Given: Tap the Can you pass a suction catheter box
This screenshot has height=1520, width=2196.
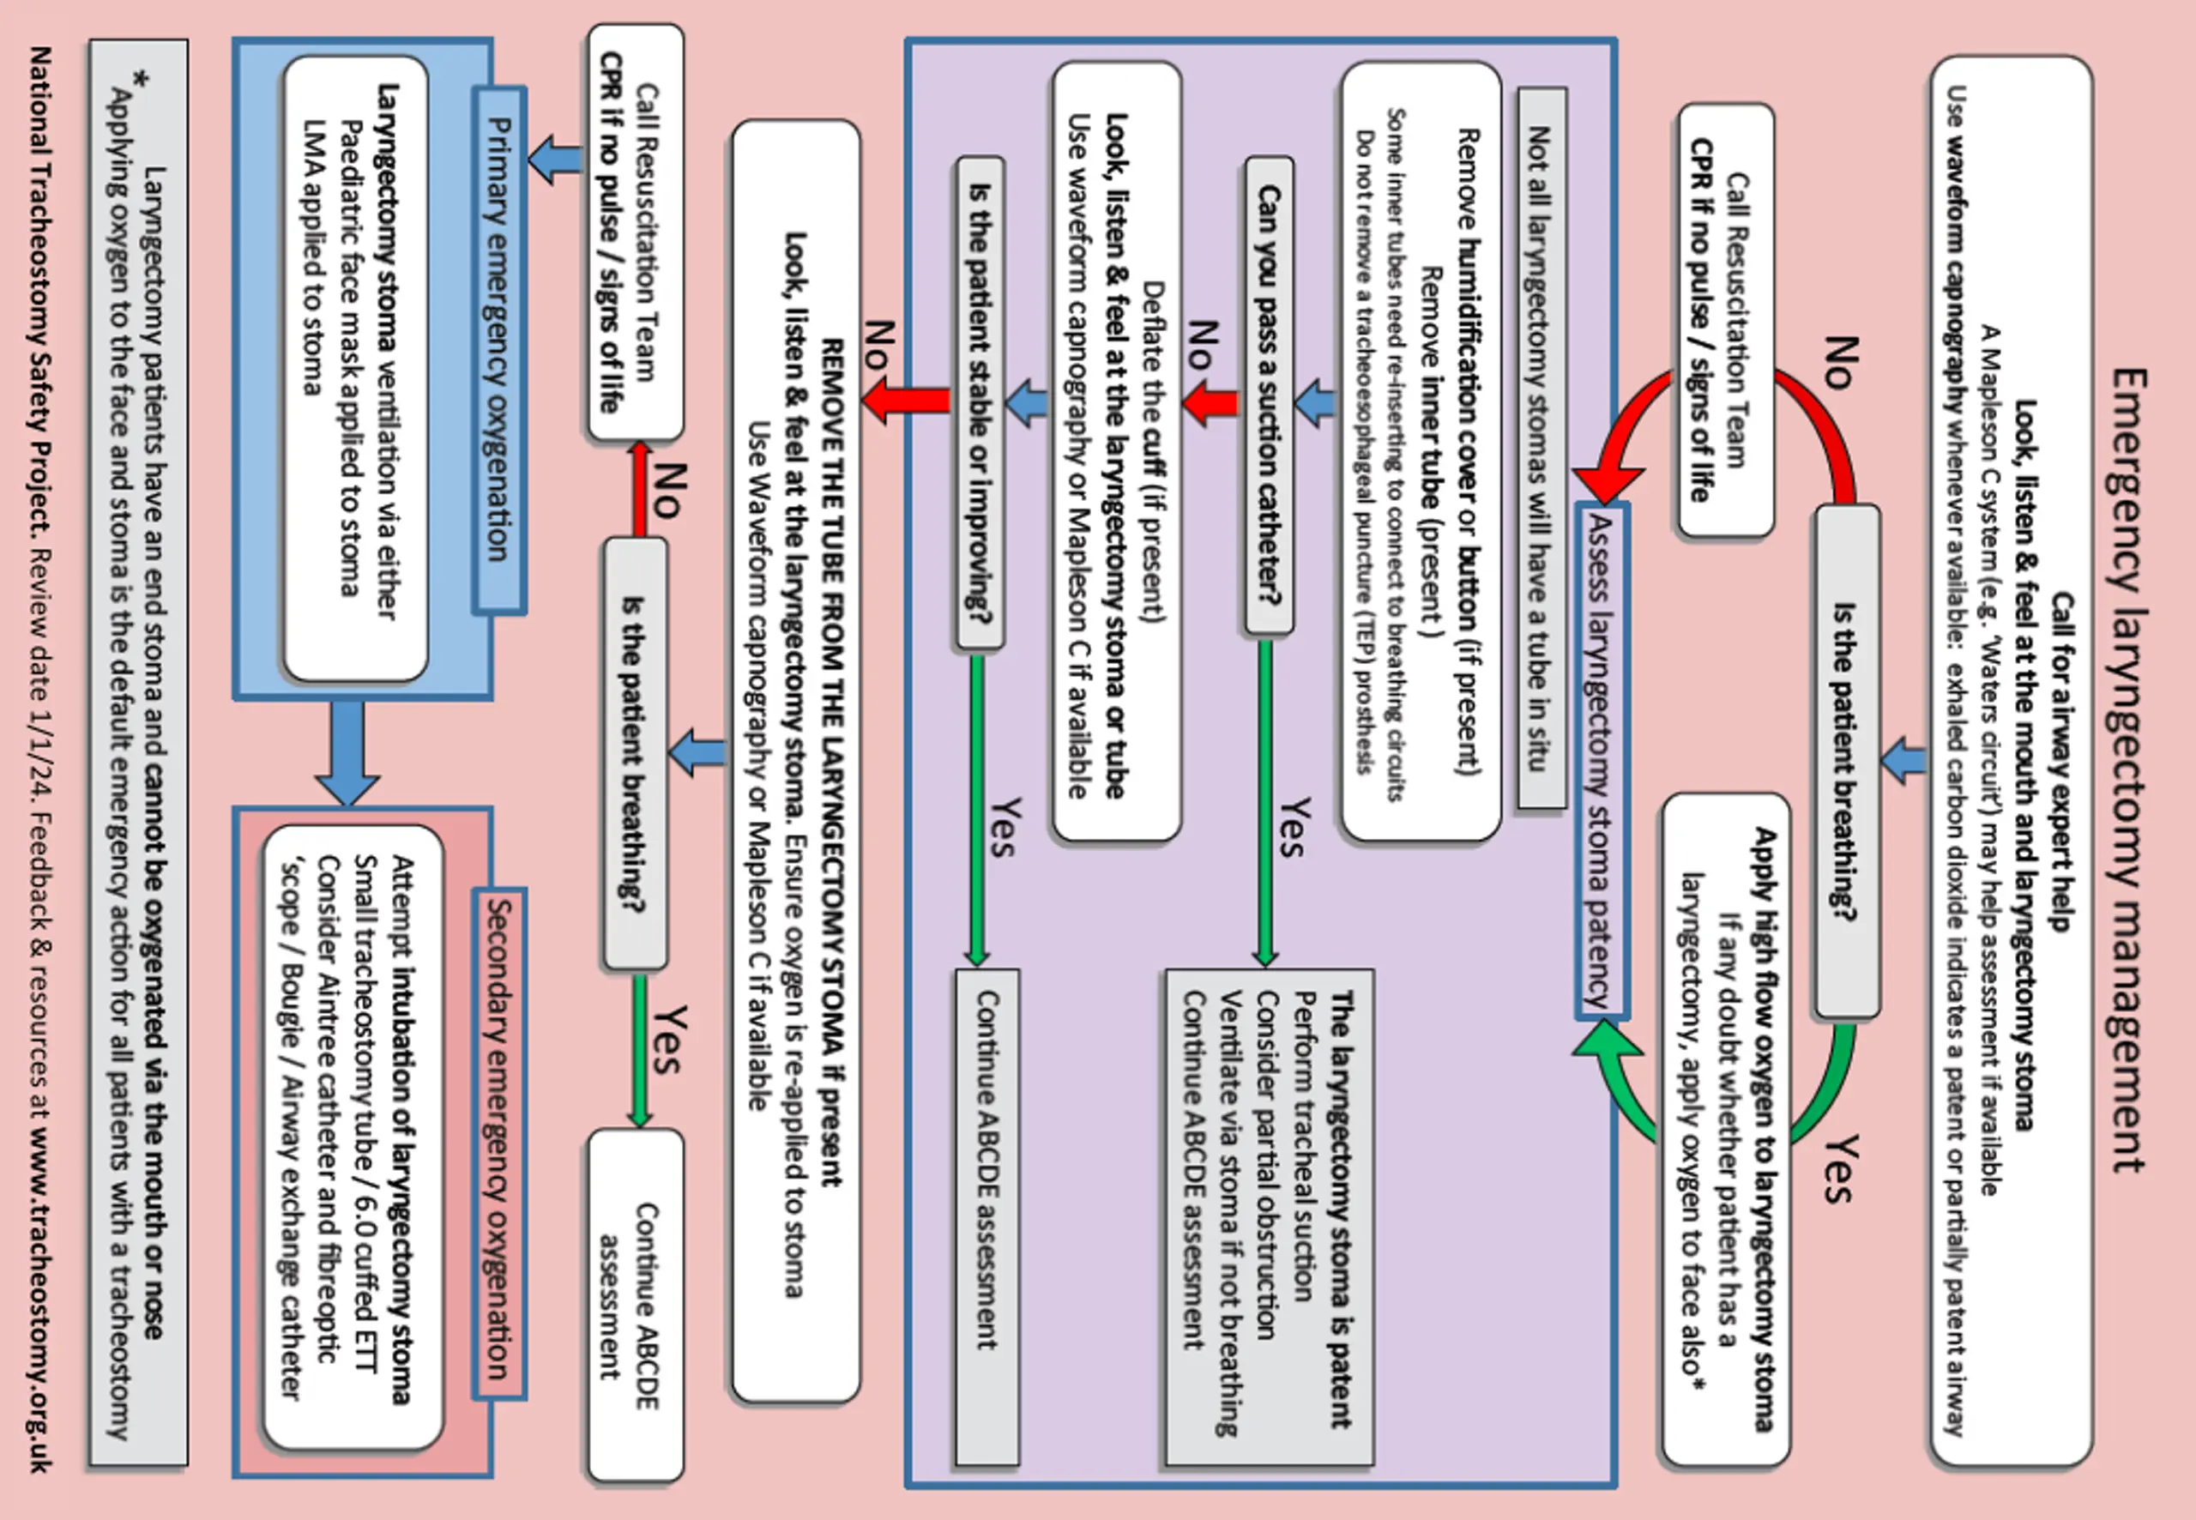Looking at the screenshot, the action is [1270, 396].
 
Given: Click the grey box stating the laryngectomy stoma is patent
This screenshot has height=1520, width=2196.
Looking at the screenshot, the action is [1270, 1216].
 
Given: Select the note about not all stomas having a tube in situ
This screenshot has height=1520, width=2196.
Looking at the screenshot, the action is [1541, 448].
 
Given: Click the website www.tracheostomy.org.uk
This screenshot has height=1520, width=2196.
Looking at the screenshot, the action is [39, 1300].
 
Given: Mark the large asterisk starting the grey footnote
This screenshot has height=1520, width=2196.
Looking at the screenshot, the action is [140, 81].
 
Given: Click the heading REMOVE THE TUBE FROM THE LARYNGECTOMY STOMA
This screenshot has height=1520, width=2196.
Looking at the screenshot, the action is [832, 762].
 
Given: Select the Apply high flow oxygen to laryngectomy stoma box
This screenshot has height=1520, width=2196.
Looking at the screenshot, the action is [1727, 1130].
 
